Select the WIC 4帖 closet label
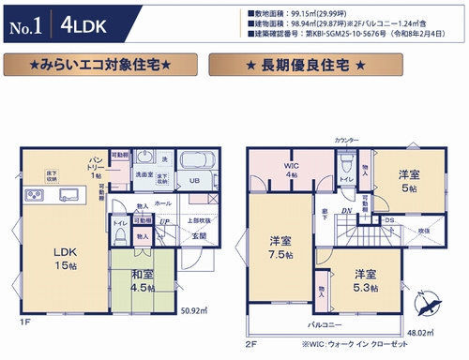292,170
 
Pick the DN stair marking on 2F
346,212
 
